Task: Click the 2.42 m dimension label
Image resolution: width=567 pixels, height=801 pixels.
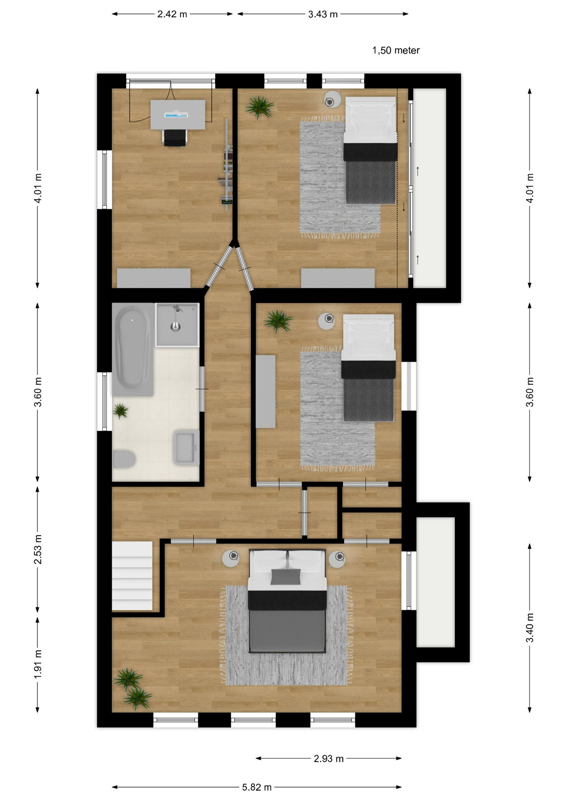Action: pyautogui.click(x=172, y=14)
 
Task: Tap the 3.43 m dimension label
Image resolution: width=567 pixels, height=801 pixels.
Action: pyautogui.click(x=323, y=14)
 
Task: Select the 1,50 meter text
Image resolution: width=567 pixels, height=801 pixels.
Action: pyautogui.click(x=396, y=50)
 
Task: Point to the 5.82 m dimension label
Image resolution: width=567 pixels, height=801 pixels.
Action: pyautogui.click(x=257, y=787)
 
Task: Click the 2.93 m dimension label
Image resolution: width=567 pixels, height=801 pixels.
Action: pyautogui.click(x=329, y=758)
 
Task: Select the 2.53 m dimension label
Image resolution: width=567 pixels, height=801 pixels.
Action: pyautogui.click(x=38, y=549)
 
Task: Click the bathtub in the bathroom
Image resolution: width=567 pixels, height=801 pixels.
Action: pyautogui.click(x=132, y=350)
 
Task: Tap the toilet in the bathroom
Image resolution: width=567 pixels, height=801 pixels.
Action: pyautogui.click(x=124, y=459)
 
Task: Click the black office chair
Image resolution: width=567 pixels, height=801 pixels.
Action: pyautogui.click(x=175, y=138)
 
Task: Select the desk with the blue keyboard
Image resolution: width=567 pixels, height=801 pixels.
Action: pyautogui.click(x=178, y=114)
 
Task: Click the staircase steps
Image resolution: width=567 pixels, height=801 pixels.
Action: pyautogui.click(x=132, y=576)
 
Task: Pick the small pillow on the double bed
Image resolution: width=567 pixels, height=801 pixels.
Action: pyautogui.click(x=286, y=577)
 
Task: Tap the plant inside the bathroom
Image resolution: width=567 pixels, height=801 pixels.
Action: pyautogui.click(x=121, y=411)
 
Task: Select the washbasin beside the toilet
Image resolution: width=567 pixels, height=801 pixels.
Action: pyautogui.click(x=186, y=448)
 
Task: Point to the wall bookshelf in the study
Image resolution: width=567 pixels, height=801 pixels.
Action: pyautogui.click(x=227, y=164)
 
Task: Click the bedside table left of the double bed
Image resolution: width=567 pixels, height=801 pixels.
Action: pyautogui.click(x=231, y=558)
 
